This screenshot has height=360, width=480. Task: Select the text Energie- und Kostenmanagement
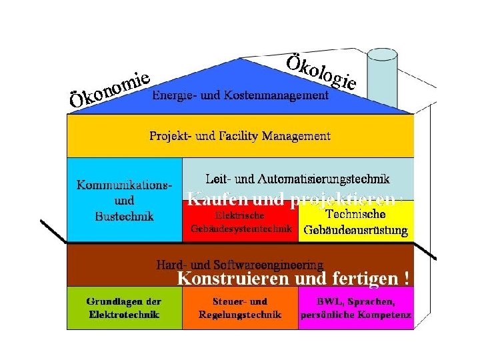click(x=240, y=95)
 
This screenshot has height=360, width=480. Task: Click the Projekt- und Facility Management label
click(x=239, y=136)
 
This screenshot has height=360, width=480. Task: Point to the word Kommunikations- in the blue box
click(x=125, y=185)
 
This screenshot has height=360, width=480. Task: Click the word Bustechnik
click(x=125, y=216)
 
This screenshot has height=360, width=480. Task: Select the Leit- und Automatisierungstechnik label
click(x=297, y=179)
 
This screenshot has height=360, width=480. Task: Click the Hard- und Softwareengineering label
click(x=240, y=265)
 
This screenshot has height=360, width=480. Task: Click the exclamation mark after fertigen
click(x=407, y=277)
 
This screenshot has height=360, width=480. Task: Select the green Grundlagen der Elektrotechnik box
click(x=125, y=308)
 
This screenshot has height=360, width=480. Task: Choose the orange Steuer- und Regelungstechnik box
click(x=240, y=308)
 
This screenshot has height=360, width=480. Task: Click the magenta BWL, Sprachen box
click(x=356, y=308)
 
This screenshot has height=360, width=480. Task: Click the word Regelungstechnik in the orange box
click(x=240, y=315)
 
